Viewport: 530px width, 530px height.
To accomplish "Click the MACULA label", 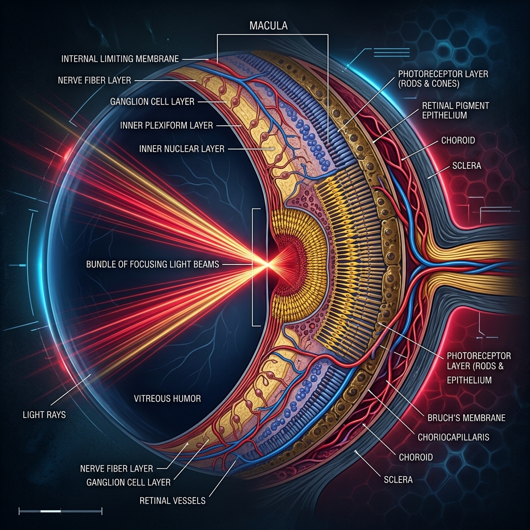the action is pos(269,26).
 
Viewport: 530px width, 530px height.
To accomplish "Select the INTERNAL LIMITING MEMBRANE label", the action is pos(120,59).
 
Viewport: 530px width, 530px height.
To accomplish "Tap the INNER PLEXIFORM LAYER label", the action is pos(167,125).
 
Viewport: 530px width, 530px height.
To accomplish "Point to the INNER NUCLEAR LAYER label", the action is pos(182,149).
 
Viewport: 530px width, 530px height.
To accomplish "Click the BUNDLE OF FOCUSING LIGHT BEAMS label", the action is pos(153,264).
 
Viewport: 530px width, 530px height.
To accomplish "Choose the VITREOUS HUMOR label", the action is pos(167,399).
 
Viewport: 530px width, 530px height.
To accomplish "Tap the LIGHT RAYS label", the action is pos(45,415).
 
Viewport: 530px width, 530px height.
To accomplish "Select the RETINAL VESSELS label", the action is pos(172,500).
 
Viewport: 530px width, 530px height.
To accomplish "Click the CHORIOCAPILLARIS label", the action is pos(453,437).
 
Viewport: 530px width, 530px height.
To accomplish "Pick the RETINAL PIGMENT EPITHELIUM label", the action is pos(455,111).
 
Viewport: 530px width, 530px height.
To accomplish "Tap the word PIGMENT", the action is pos(473,106).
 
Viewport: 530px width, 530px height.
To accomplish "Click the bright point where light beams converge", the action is pos(267,264).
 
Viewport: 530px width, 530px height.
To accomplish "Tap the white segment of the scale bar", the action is pos(50,511).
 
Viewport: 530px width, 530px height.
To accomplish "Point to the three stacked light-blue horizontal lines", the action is pos(391,52).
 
